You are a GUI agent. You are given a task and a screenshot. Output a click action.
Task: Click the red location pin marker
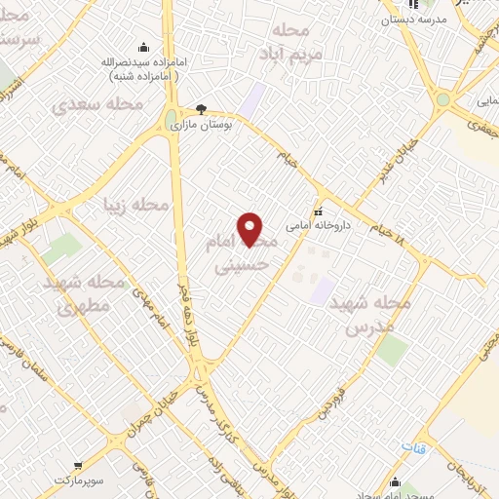[x=250, y=229]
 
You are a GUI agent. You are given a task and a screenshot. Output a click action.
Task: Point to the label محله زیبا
[x=136, y=205]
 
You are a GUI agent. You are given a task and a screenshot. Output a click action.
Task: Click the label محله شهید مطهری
[x=83, y=293]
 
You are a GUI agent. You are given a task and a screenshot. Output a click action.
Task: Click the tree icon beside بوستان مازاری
[x=201, y=109]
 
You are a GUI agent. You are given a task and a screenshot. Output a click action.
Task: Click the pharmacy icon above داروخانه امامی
[x=317, y=211]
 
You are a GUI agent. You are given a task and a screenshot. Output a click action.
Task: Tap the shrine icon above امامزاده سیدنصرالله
[x=144, y=47]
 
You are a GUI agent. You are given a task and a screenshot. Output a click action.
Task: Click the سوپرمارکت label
[x=78, y=481]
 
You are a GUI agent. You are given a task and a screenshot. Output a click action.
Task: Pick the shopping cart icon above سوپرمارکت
[x=78, y=467]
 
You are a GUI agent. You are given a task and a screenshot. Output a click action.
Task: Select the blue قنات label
[x=413, y=445]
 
